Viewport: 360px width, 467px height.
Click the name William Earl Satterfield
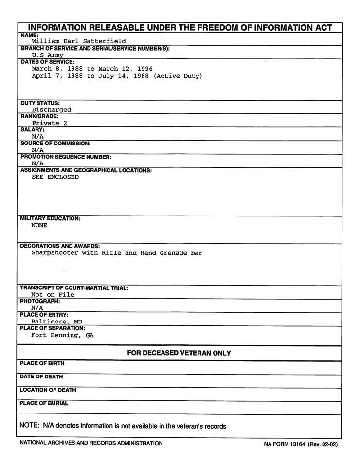(78, 42)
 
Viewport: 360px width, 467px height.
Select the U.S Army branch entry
(48, 55)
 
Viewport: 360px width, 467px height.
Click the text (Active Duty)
(178, 76)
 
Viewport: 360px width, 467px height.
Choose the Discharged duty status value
(51, 110)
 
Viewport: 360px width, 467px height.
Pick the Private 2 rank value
(49, 124)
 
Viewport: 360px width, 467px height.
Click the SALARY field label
(32, 130)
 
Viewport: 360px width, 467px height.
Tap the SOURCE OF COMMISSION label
(55, 144)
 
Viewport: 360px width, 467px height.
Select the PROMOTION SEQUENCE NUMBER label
(65, 157)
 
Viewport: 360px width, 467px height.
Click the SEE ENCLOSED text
(55, 177)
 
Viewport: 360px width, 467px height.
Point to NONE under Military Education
(39, 226)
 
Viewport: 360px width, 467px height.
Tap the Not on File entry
(53, 295)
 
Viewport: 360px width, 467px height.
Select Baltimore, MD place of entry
(56, 322)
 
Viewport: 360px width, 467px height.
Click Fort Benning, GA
(62, 336)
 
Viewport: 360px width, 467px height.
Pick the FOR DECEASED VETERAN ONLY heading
(179, 353)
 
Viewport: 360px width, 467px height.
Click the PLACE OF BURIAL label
(44, 403)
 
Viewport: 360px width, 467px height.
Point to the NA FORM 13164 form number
(285, 444)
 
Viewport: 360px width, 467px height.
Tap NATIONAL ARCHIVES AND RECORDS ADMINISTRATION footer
(91, 443)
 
